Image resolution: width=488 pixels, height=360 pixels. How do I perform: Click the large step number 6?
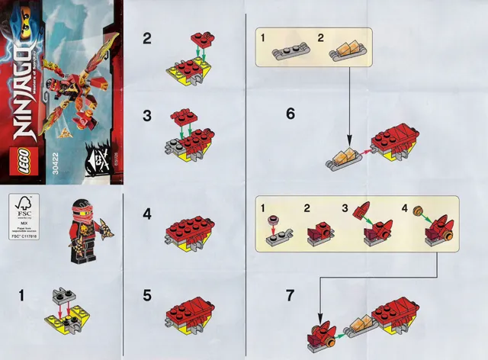coord(291,114)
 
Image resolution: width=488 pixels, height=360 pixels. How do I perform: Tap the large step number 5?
coord(146,294)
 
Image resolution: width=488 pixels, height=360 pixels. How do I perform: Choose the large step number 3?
coord(146,116)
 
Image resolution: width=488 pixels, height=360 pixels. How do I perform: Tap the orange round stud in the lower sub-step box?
coord(417,216)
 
